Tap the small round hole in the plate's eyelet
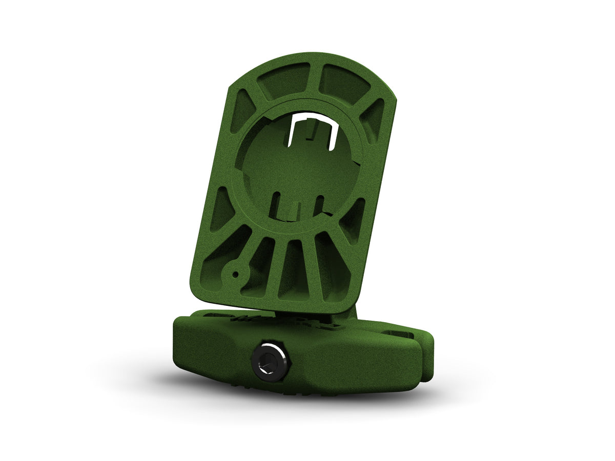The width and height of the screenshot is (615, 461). tap(235, 275)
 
